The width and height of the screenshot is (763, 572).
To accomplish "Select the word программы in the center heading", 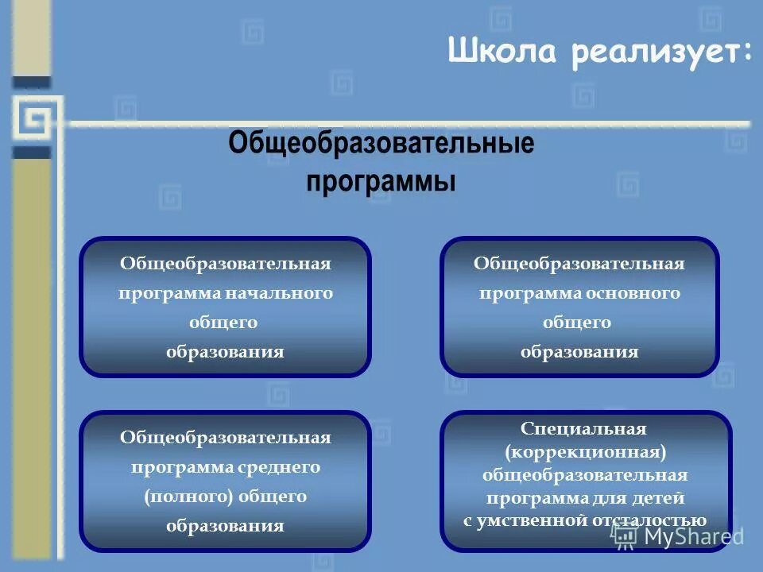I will pyautogui.click(x=381, y=180).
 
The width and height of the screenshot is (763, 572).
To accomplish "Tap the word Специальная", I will pyautogui.click(x=583, y=429).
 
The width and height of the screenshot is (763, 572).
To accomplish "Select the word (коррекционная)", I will pyautogui.click(x=583, y=452).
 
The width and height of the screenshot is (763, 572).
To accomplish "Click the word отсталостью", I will pyautogui.click(x=649, y=521).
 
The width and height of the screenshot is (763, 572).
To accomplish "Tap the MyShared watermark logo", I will pyautogui.click(x=680, y=536).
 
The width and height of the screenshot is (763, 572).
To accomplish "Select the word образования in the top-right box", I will pyautogui.click(x=579, y=352).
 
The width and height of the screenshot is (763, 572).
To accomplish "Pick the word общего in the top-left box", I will pyautogui.click(x=224, y=323).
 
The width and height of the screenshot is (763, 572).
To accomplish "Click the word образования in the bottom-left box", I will pyautogui.click(x=225, y=526).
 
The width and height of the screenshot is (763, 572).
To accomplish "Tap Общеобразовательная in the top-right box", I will pyautogui.click(x=579, y=264).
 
